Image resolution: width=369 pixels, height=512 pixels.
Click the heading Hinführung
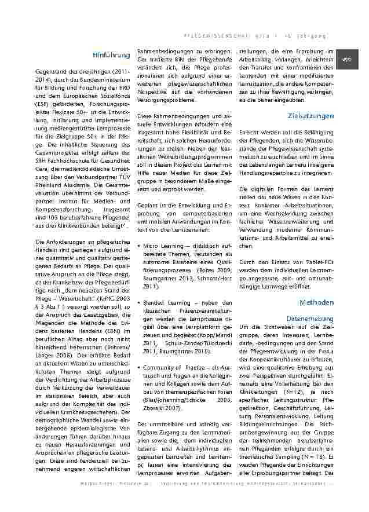point(111,56)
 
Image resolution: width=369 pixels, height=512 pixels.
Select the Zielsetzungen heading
point(310,116)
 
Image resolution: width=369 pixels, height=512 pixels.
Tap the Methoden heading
point(316,302)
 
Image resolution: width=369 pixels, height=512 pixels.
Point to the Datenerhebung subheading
point(310,319)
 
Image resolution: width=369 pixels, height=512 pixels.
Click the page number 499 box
point(348,60)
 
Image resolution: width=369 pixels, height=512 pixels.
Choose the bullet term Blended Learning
point(160,302)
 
